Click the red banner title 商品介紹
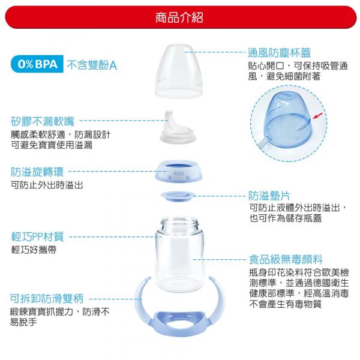click(179, 17)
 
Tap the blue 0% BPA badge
click(37, 64)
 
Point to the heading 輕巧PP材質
click(37, 236)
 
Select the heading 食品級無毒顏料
click(286, 259)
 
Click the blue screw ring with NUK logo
click(179, 172)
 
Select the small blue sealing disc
click(179, 196)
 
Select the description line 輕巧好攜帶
click(34, 250)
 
